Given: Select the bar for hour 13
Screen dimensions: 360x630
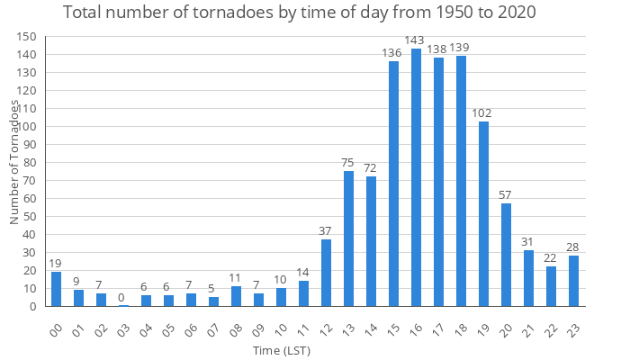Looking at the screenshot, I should click(348, 238).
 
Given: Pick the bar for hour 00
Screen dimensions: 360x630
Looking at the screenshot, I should click(56, 289).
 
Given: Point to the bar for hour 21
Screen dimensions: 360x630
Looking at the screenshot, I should click(528, 278).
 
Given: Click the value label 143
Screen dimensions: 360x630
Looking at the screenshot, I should click(416, 40).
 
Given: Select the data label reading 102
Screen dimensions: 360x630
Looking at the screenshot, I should click(483, 113).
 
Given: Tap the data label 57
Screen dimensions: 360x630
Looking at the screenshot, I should click(506, 194).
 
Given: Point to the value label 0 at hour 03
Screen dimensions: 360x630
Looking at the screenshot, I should click(123, 297).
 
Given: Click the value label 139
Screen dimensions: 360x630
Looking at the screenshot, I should click(461, 47).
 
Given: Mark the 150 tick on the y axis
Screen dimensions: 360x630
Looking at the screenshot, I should click(28, 37).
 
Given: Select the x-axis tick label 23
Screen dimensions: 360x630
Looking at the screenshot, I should click(573, 328).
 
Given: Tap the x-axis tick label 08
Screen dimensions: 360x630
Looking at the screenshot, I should click(236, 328).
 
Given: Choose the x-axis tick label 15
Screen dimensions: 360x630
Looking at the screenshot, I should click(393, 328).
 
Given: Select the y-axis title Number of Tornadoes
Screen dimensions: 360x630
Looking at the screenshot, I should click(14, 162).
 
